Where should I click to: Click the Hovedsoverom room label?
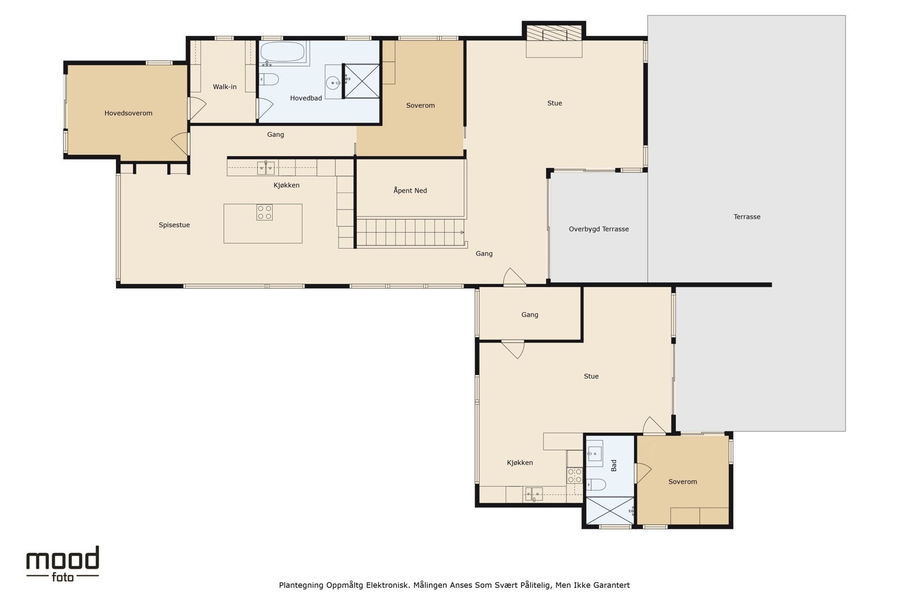click(128, 113)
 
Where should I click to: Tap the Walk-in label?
click(224, 87)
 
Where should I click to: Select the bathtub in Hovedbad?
click(282, 52)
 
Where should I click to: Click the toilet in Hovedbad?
click(269, 79)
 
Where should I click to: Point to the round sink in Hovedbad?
click(333, 83)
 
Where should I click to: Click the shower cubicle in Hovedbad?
click(361, 81)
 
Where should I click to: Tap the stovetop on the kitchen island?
click(265, 212)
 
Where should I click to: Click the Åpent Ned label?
click(410, 191)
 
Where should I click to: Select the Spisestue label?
click(174, 225)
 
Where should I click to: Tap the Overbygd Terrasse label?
click(599, 229)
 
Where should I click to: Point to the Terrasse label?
click(747, 216)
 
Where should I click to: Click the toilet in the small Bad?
click(596, 484)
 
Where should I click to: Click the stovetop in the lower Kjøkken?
click(574, 475)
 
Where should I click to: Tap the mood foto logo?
click(62, 564)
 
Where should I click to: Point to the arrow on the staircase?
click(462, 232)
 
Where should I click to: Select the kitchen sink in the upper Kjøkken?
click(266, 168)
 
